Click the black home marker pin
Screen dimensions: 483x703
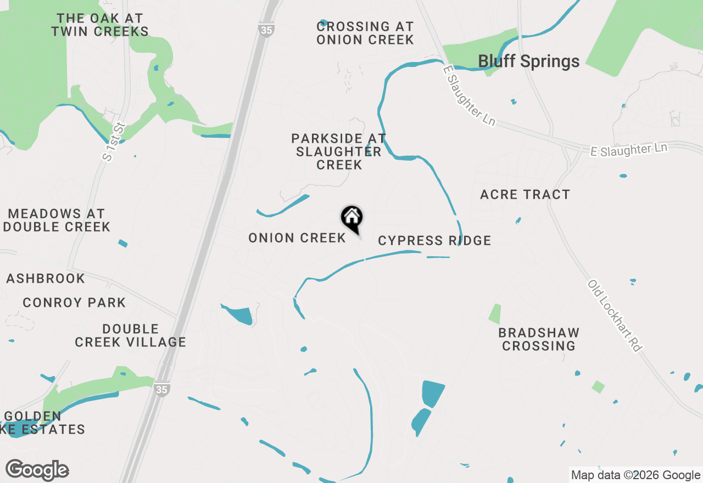pyautogui.click(x=351, y=218)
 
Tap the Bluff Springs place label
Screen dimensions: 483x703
pyautogui.click(x=528, y=61)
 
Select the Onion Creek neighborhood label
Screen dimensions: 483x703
pyautogui.click(x=297, y=238)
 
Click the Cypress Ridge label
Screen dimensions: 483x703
pyautogui.click(x=434, y=240)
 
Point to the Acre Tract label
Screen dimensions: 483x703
pyautogui.click(x=525, y=194)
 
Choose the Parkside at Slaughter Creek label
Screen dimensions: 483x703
pyautogui.click(x=338, y=151)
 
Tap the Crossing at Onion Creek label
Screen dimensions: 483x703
pyautogui.click(x=365, y=33)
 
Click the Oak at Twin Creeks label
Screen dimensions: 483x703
pyautogui.click(x=100, y=25)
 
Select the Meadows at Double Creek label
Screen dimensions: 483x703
pyautogui.click(x=57, y=220)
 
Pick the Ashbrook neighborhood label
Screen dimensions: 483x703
pyautogui.click(x=46, y=278)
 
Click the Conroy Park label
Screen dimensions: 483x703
pyautogui.click(x=74, y=302)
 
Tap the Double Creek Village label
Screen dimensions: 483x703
pyautogui.click(x=131, y=335)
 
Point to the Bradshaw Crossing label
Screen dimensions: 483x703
pyautogui.click(x=539, y=339)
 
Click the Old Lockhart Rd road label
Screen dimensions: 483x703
pyautogui.click(x=615, y=316)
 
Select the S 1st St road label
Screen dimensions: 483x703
pyautogui.click(x=115, y=142)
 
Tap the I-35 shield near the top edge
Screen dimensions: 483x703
pyautogui.click(x=266, y=30)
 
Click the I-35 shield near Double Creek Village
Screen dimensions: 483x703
pyautogui.click(x=161, y=389)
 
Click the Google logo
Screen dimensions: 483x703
pyautogui.click(x=37, y=470)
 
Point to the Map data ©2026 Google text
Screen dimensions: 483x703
pyautogui.click(x=635, y=475)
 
